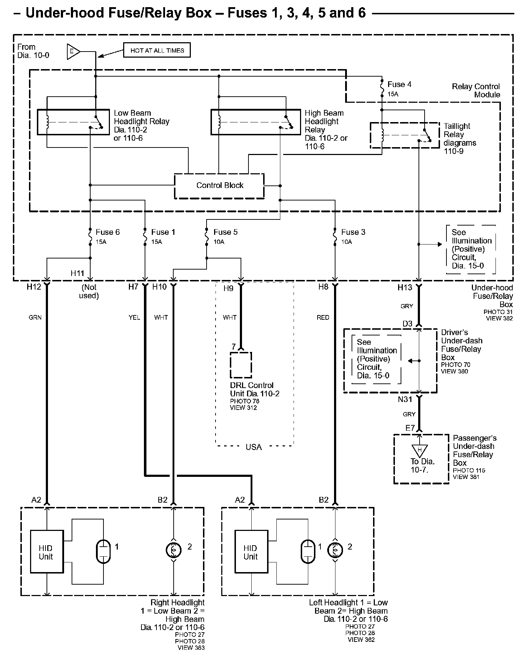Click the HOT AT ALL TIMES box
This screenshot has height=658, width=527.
[157, 50]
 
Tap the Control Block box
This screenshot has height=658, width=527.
[219, 185]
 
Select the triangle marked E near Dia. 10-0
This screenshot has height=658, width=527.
[73, 52]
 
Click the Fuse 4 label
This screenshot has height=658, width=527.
[399, 84]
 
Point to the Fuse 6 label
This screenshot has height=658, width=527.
[107, 232]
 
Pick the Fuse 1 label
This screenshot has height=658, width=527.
[163, 232]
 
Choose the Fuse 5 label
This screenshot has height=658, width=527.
[225, 232]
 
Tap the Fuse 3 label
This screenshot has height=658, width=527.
[353, 232]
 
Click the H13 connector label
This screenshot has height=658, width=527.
[405, 287]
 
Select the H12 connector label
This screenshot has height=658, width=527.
[34, 287]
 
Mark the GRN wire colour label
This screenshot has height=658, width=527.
[35, 317]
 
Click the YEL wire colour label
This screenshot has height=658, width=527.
[134, 317]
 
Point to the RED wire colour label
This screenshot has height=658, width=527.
[323, 317]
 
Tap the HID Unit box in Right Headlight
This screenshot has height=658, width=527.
[47, 552]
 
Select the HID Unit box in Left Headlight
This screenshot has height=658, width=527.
[251, 552]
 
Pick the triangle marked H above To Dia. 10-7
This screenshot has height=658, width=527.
[420, 450]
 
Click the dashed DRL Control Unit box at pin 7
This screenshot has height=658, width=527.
[241, 365]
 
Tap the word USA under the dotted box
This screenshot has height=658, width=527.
[253, 447]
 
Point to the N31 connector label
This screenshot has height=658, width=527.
[405, 400]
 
